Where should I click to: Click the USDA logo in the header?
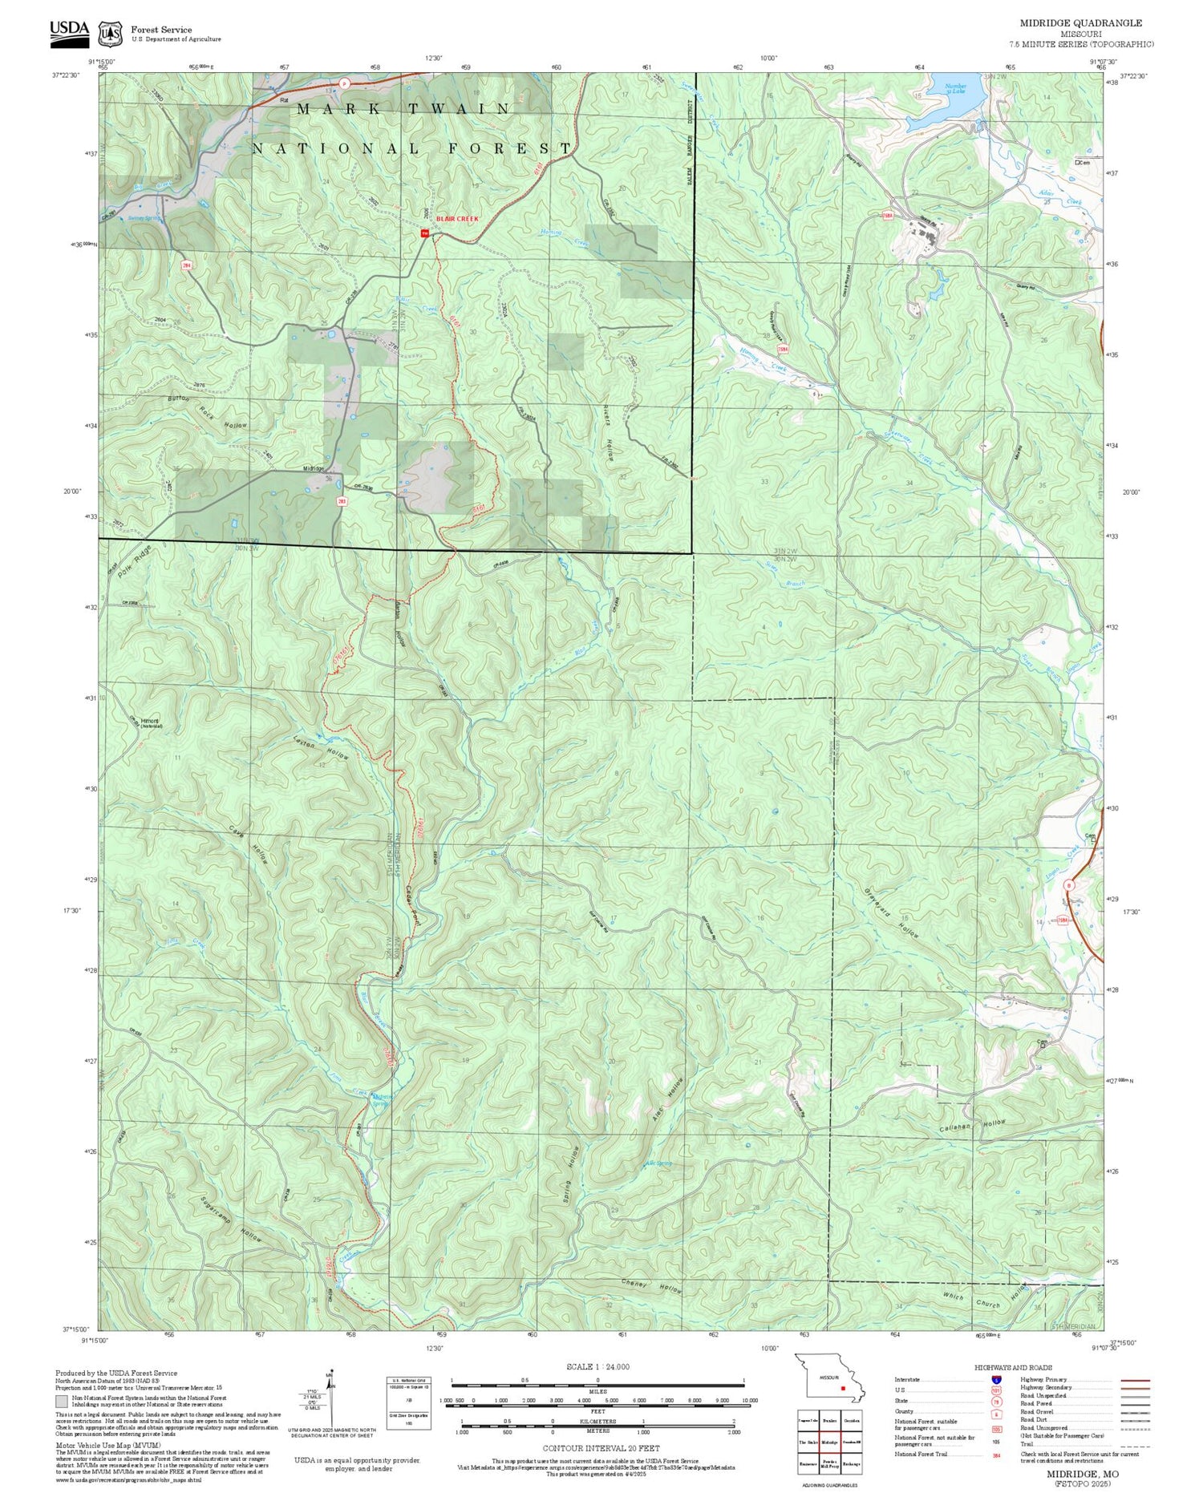tap(70, 30)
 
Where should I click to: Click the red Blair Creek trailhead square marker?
tap(425, 233)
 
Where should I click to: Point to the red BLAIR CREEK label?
tap(457, 219)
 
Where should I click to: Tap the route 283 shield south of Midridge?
tap(342, 500)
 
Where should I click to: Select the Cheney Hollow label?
tap(652, 1286)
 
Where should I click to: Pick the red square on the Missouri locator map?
tap(843, 1389)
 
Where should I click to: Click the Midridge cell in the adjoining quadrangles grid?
tap(829, 1442)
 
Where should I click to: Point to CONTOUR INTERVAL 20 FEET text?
tap(601, 1449)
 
